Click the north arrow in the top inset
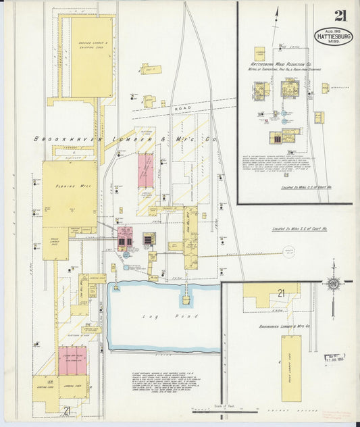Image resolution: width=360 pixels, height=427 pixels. click(277, 14)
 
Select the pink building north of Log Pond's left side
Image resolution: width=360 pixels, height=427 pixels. click(125, 238)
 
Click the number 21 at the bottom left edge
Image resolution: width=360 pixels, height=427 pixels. click(66, 410)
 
